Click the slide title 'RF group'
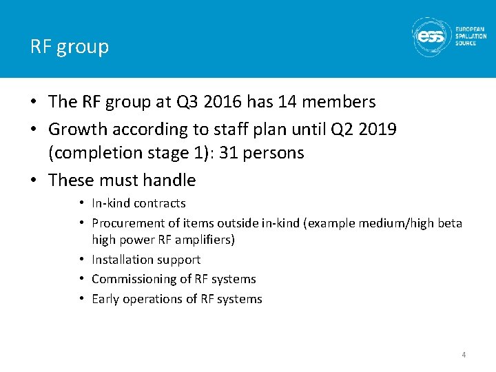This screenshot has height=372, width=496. click(70, 47)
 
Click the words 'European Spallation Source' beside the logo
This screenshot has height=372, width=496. click(471, 37)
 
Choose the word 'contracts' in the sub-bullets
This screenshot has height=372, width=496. click(160, 203)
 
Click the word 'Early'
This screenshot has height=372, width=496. click(106, 299)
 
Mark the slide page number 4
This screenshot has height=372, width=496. click(464, 355)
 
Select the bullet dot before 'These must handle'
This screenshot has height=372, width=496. click(34, 180)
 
